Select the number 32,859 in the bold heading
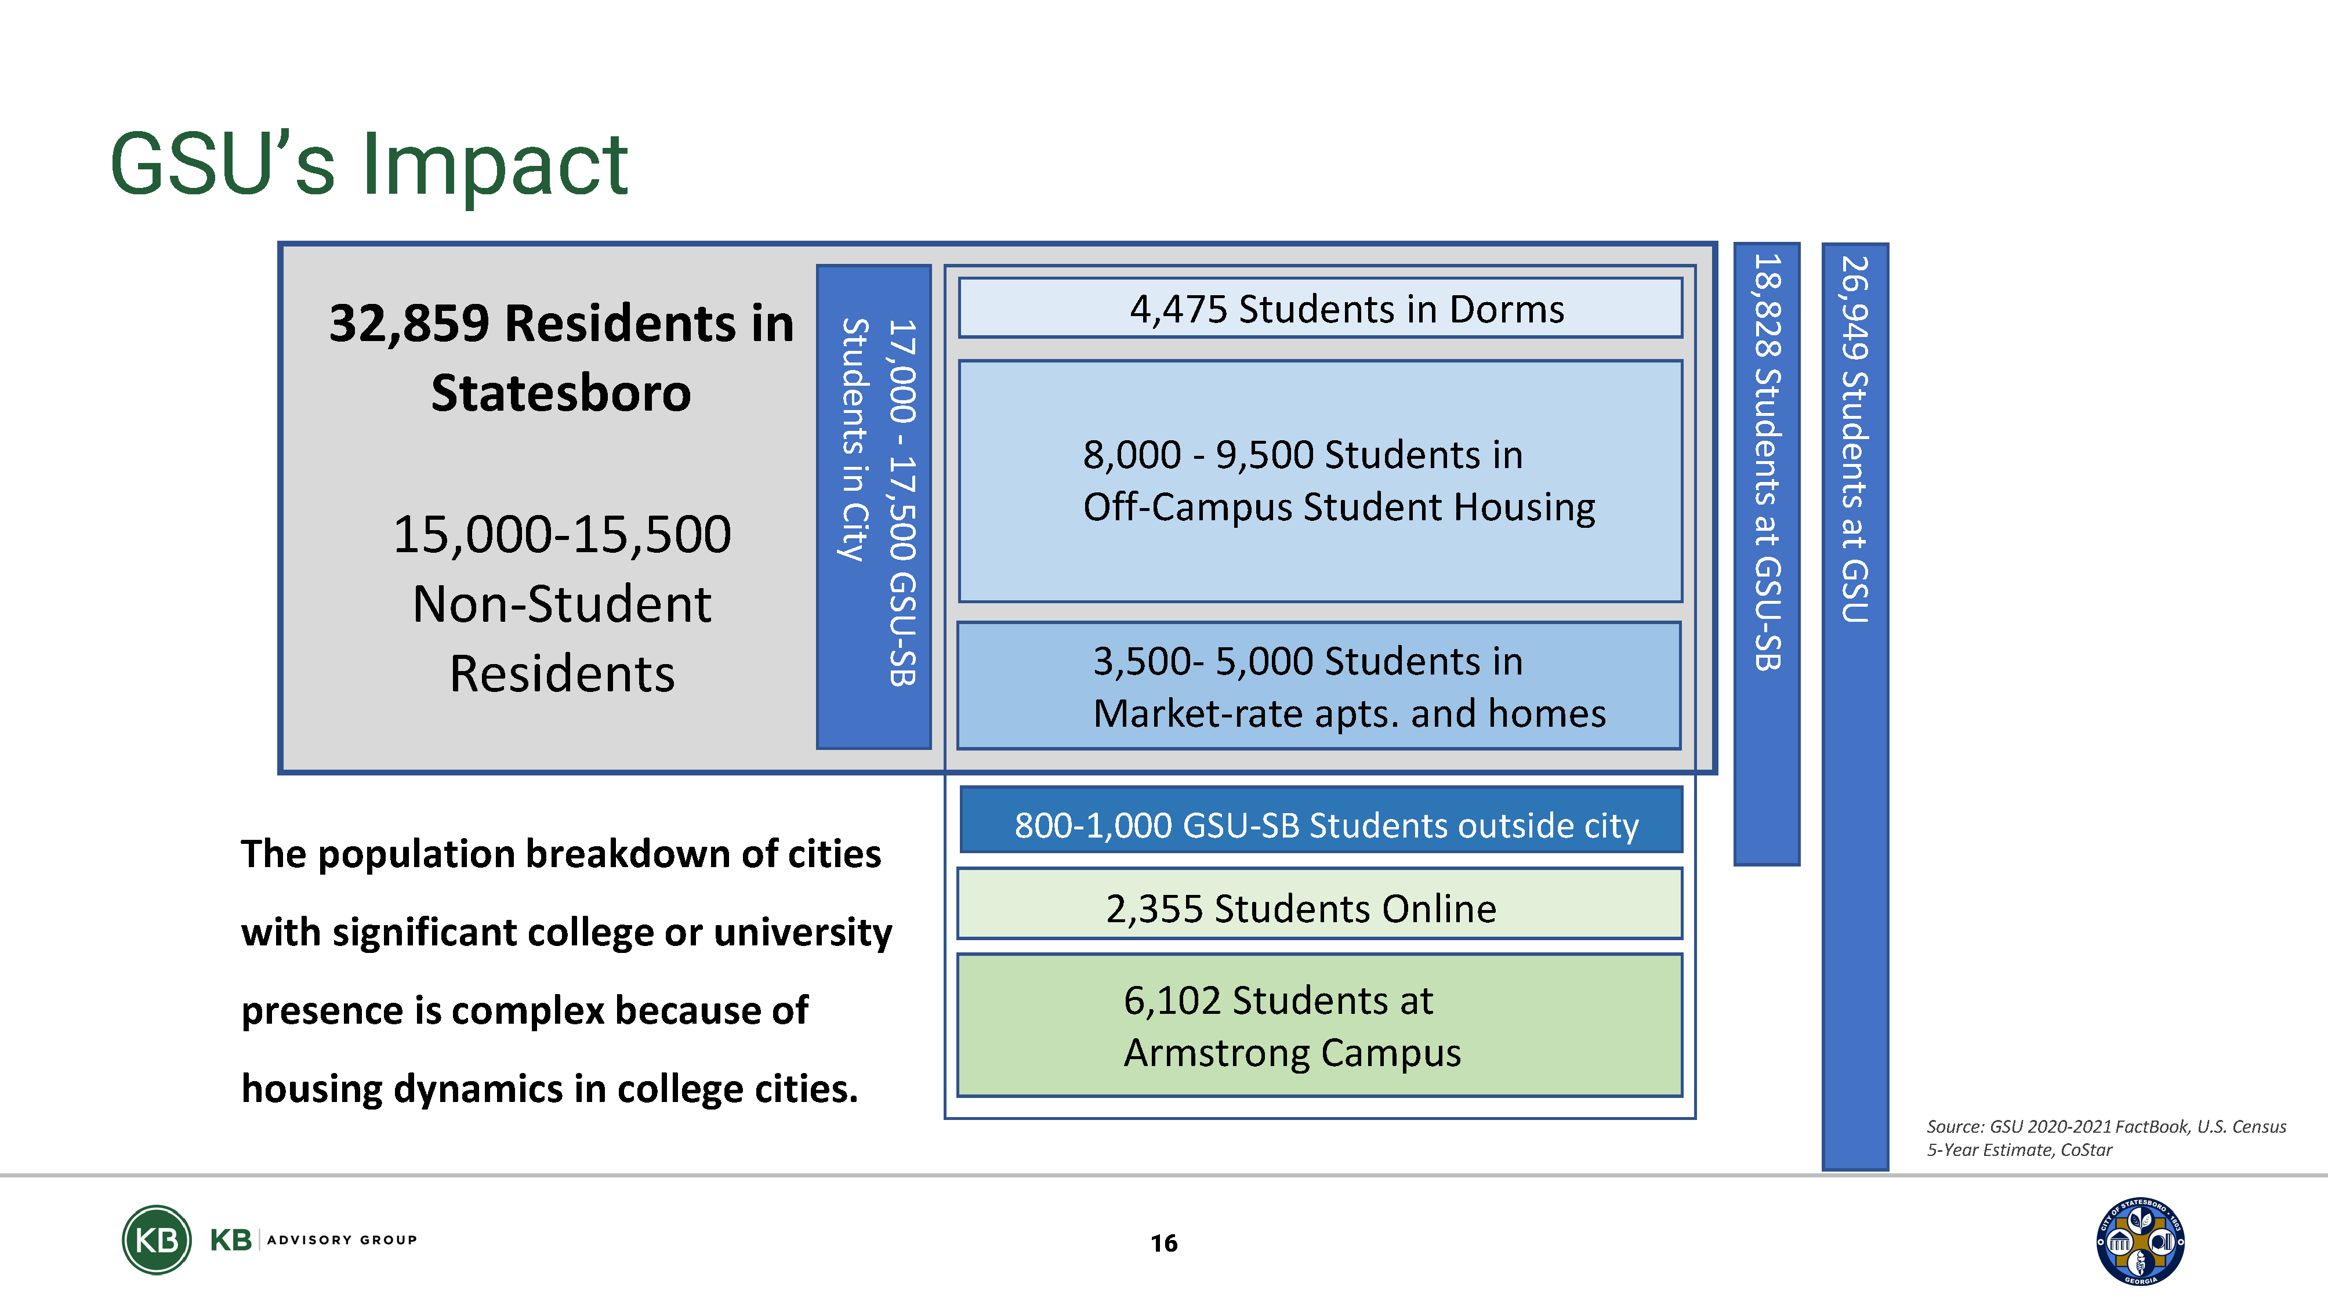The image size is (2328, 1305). point(409,324)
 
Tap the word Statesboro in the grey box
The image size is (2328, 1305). point(561,393)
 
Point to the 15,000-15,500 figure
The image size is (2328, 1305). point(562,534)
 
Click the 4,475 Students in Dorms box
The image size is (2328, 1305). point(1321,308)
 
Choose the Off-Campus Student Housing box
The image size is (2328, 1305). point(1321,481)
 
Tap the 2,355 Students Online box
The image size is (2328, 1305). point(1319,904)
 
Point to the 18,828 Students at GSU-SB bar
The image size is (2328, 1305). point(1767,554)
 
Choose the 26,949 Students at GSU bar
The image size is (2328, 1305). point(1855,706)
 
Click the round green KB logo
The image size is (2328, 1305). point(157,1240)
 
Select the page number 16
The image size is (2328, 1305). point(1164,1244)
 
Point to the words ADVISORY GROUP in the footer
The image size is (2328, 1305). point(343,1240)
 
